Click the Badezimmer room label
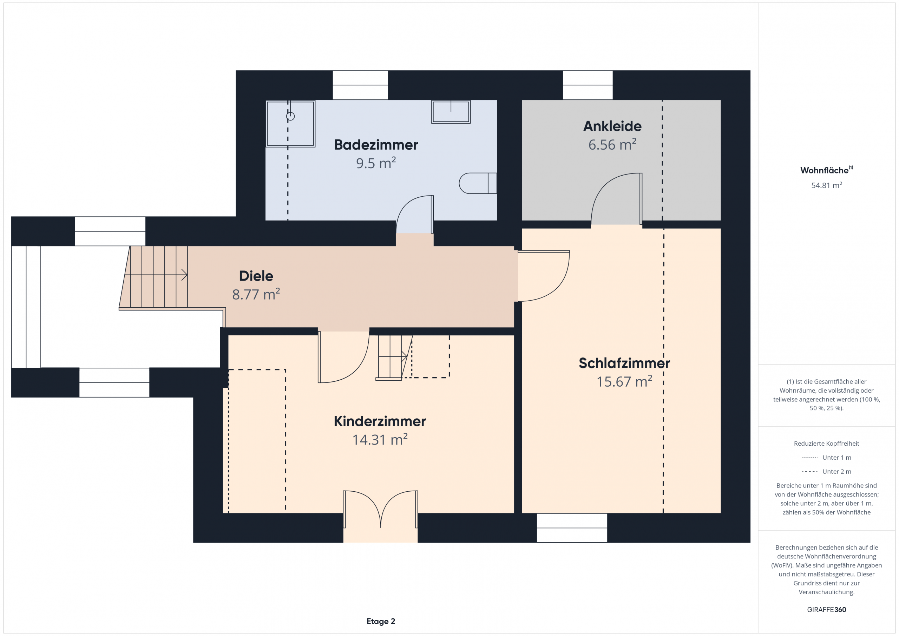(x=376, y=145)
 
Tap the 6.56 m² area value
(x=612, y=144)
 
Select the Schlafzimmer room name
(x=624, y=363)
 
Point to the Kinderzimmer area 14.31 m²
(x=380, y=439)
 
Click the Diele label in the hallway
(x=256, y=276)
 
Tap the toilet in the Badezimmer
(x=478, y=183)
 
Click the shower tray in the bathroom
(x=290, y=124)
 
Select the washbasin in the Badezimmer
(x=451, y=112)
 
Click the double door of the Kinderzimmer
(x=381, y=509)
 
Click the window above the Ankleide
(x=588, y=85)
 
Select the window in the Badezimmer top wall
(x=360, y=85)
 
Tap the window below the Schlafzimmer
(x=572, y=528)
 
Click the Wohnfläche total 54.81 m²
(x=826, y=185)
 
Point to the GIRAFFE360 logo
(x=826, y=610)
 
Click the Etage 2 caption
(x=381, y=622)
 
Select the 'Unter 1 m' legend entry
(x=826, y=457)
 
